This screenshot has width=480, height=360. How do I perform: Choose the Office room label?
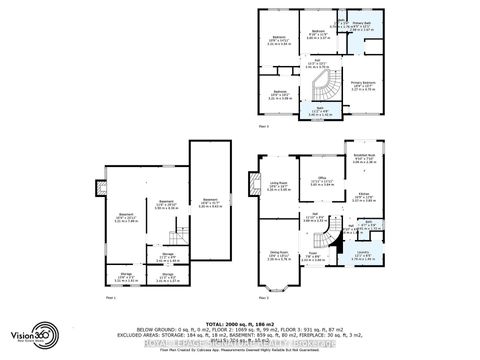(323, 183)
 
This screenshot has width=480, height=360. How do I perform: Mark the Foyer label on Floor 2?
(316, 256)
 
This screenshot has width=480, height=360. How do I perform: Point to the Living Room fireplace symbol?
(252, 187)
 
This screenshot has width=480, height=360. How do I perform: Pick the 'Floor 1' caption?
(111, 298)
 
